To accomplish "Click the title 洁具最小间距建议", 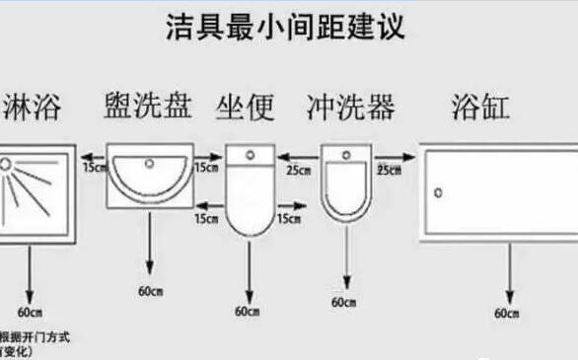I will (x=285, y=27).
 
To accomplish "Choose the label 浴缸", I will (x=480, y=106).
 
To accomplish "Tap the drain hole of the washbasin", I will (x=151, y=162).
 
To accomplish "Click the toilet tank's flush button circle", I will (x=249, y=156).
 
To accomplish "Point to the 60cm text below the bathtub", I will (x=507, y=313).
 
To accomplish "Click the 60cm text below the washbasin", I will (x=150, y=293).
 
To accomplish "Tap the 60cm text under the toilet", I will (x=247, y=311).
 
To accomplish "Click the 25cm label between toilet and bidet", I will (x=295, y=170).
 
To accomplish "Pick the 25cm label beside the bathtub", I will (x=389, y=170).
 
